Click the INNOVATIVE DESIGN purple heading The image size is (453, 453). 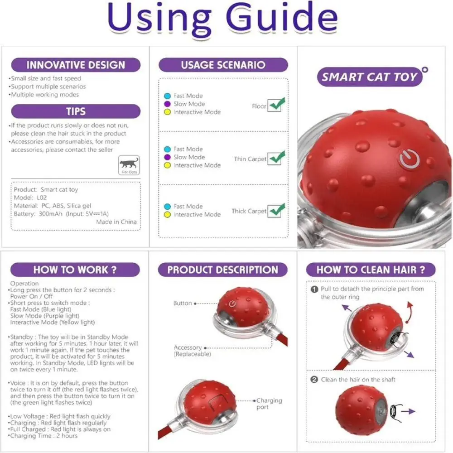[76, 65]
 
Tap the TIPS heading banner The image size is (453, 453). [76, 111]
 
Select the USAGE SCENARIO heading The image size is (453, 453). [223, 65]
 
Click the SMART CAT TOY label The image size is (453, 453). [370, 77]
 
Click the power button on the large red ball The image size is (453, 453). [409, 159]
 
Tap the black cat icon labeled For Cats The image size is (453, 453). [129, 164]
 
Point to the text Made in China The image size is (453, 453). [116, 222]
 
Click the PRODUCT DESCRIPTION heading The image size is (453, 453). [223, 270]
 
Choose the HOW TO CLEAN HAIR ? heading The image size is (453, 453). [371, 270]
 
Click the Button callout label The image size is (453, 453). [183, 303]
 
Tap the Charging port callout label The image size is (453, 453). [269, 404]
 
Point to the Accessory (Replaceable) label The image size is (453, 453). [192, 351]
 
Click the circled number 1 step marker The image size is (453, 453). [314, 289]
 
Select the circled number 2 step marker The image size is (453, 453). [314, 380]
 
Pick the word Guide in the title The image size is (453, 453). [282, 18]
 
